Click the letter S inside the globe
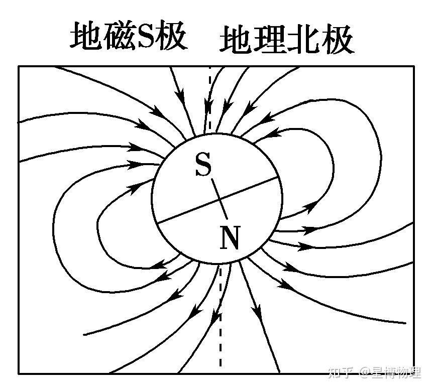pyautogui.click(x=203, y=165)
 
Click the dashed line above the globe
pyautogui.click(x=210, y=95)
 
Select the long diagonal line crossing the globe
pyautogui.click(x=251, y=188)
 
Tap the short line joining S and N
pyautogui.click(x=219, y=199)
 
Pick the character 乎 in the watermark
pyautogui.click(x=349, y=372)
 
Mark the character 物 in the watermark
pyautogui.click(x=405, y=372)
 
